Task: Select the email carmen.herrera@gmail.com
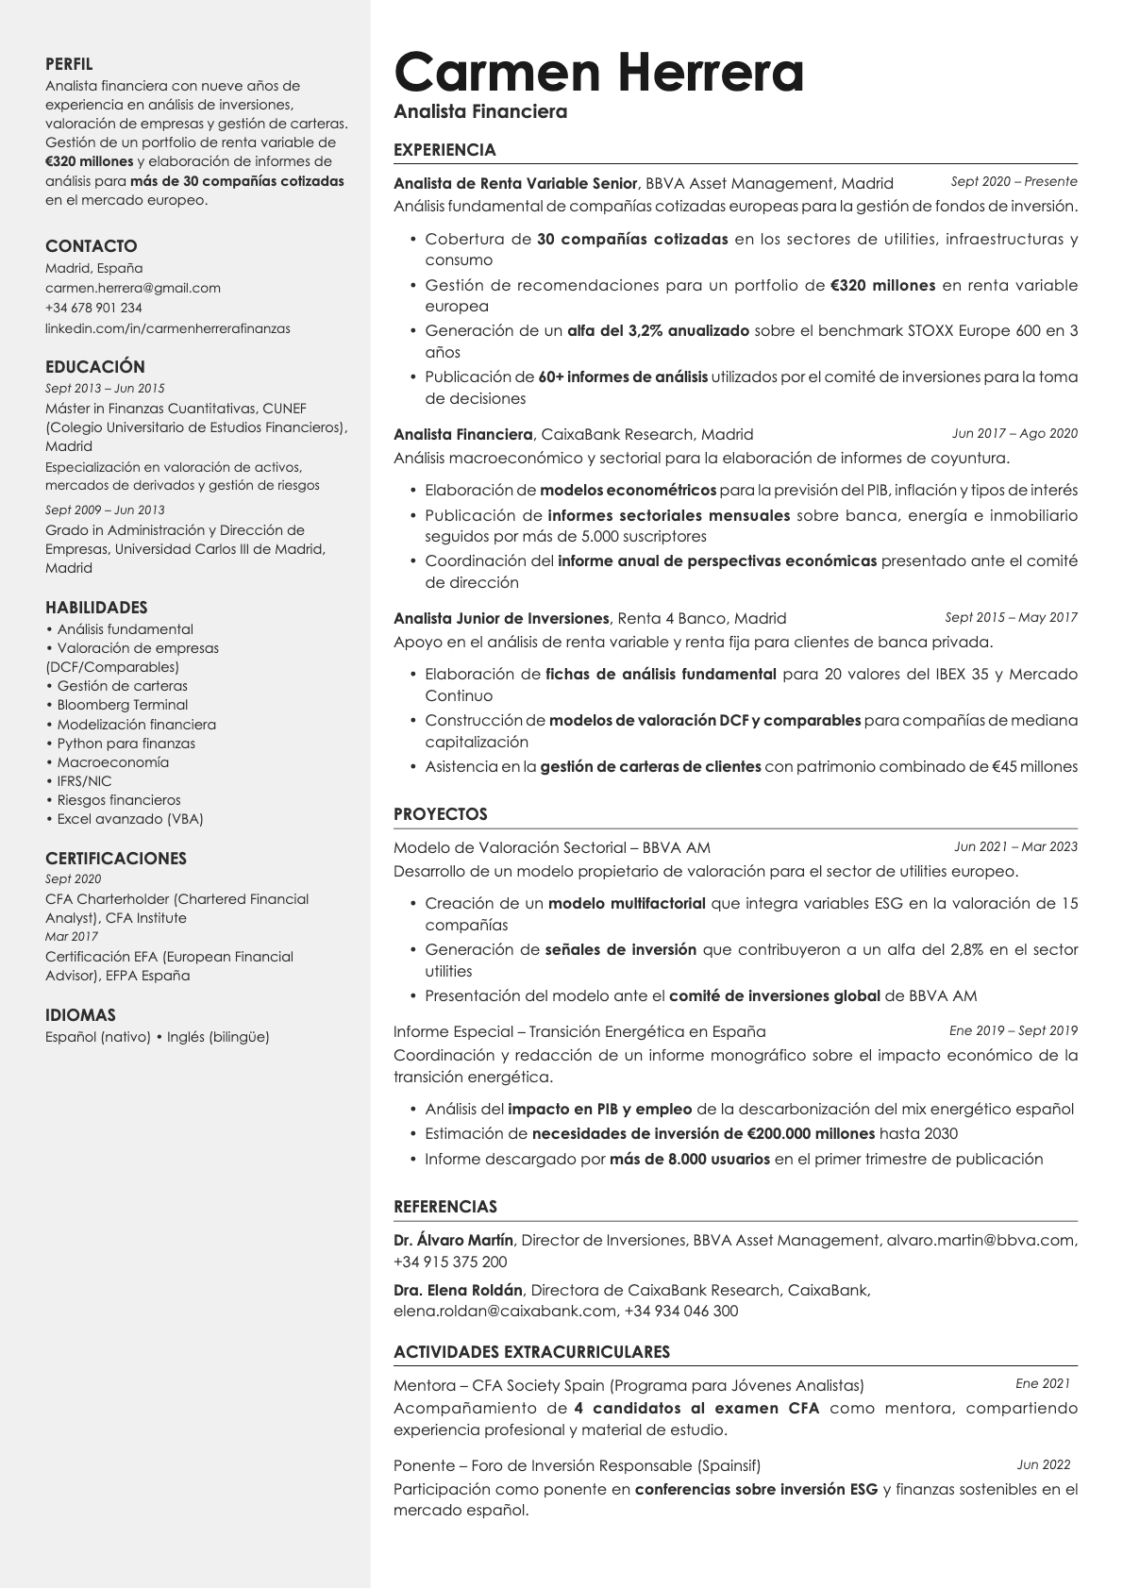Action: (133, 288)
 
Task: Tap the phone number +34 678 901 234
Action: (93, 308)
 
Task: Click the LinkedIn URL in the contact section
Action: (168, 328)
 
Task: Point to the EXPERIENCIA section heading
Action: (444, 150)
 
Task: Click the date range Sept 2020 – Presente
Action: (1014, 181)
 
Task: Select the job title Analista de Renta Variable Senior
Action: (515, 183)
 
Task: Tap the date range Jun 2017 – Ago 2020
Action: (1014, 433)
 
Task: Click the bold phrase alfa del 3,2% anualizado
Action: (658, 330)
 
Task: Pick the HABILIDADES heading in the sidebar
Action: (96, 608)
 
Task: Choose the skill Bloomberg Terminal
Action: (123, 705)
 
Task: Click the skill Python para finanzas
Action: (126, 744)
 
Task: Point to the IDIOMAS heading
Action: (80, 1015)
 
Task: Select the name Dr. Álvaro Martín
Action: (453, 1240)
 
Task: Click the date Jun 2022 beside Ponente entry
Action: (1044, 1464)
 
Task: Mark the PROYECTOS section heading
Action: (441, 814)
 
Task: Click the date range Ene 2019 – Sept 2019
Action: (1014, 1030)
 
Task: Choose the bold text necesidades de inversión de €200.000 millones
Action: (703, 1133)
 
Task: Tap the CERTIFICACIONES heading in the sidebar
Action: (116, 859)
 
